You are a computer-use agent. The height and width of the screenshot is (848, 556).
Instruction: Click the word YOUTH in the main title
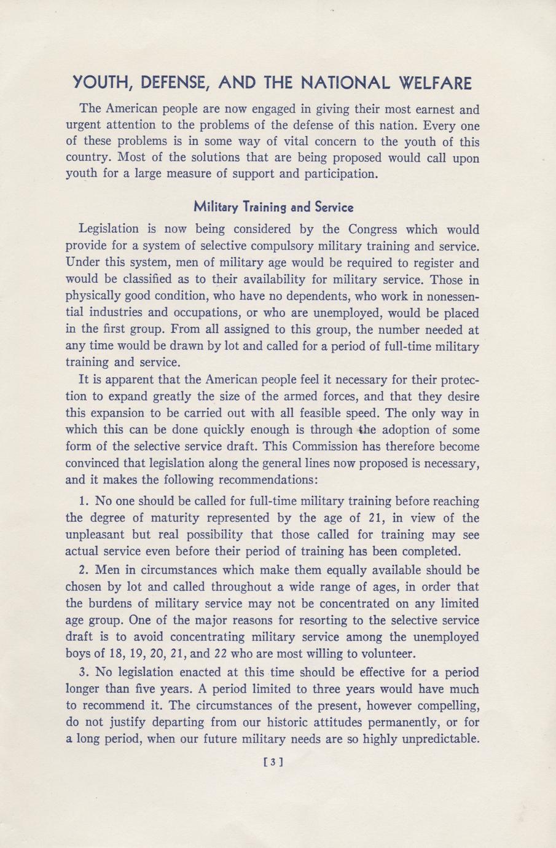[x=98, y=82]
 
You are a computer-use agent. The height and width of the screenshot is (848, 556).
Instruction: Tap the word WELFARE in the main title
[x=436, y=82]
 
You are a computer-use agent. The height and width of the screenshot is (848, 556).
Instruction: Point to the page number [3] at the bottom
[x=272, y=763]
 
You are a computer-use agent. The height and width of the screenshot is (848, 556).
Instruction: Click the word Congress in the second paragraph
[x=375, y=229]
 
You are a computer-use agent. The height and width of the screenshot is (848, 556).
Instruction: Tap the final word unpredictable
[x=440, y=739]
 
